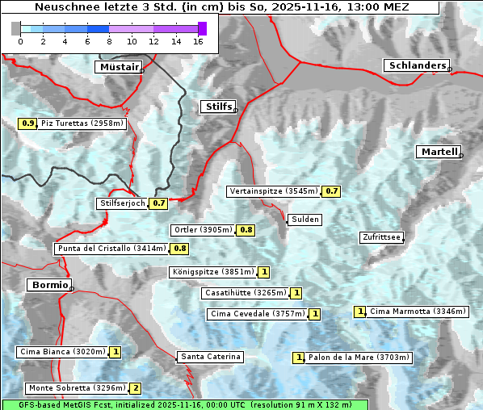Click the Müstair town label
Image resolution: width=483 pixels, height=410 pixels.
pos(118,67)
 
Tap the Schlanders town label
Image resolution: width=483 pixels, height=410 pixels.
pos(416,65)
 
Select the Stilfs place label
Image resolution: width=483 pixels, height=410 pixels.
pos(217,107)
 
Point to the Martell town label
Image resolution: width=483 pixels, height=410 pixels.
pos(439,152)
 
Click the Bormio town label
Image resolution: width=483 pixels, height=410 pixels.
pos(48,285)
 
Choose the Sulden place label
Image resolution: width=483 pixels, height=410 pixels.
pos(305,220)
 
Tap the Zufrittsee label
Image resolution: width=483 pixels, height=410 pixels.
pos(381,237)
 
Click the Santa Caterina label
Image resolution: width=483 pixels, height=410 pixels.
pos(210,357)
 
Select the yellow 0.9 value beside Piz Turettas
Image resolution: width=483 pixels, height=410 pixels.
pos(27,123)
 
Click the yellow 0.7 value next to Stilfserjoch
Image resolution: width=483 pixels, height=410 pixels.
pos(158,203)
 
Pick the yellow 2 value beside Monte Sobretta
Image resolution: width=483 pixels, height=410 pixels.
pos(136,388)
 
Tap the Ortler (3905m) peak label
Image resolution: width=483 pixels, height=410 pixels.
pos(203,230)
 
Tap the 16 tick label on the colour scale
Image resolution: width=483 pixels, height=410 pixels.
pos(198,40)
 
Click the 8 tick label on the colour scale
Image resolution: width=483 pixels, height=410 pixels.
pos(109,40)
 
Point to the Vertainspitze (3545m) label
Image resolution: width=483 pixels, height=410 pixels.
pos(273,191)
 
